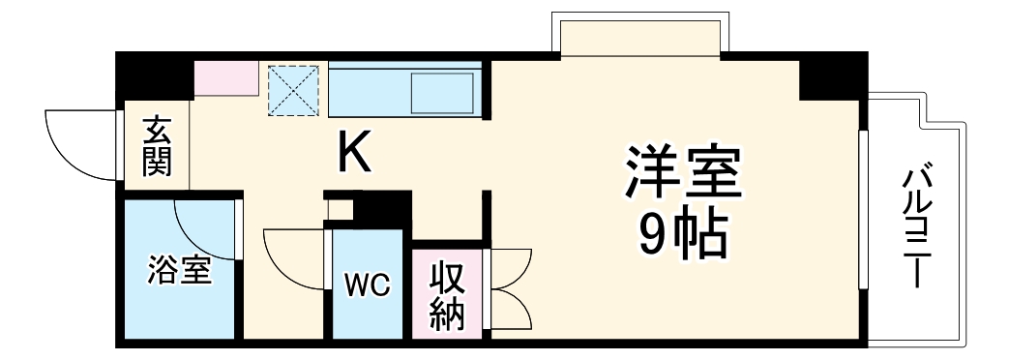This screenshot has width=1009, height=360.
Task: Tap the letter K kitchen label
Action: point(354,152)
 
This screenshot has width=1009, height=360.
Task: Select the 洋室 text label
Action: point(682,171)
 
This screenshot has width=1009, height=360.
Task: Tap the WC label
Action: point(367,285)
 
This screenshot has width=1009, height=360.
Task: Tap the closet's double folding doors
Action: point(511,289)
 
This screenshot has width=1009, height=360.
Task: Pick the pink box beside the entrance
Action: point(226,78)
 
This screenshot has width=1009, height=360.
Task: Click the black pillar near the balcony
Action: point(832,77)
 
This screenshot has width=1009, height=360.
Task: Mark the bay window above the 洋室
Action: point(638,36)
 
